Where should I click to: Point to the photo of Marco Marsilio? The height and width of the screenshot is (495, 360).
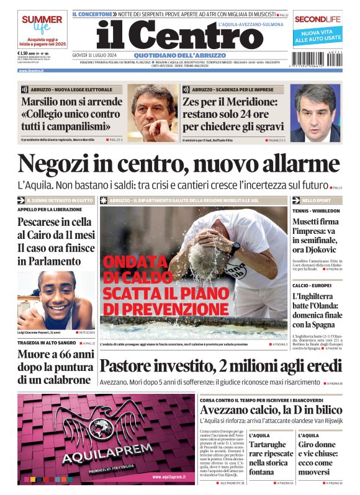[153, 113]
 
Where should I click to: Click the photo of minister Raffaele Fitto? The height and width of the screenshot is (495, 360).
[315, 113]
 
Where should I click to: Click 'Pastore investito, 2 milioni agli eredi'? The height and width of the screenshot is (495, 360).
[220, 366]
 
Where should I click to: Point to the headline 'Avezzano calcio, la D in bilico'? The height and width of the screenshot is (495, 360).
[271, 410]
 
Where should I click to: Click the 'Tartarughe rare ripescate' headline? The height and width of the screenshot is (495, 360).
[271, 458]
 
